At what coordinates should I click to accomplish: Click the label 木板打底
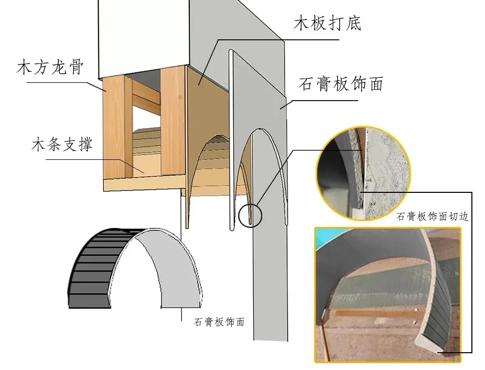click(x=327, y=23)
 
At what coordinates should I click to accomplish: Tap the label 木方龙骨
click(x=50, y=67)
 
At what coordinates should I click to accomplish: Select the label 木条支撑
click(x=62, y=144)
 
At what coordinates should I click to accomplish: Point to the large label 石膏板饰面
click(x=341, y=83)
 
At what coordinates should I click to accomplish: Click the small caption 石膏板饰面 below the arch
click(x=219, y=322)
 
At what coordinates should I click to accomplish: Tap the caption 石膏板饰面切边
click(x=433, y=216)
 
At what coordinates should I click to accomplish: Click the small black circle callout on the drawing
click(x=250, y=216)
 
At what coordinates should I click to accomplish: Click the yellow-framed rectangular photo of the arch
click(x=388, y=295)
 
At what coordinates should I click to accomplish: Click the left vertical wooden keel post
click(x=114, y=127)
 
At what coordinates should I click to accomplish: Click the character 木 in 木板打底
click(x=301, y=23)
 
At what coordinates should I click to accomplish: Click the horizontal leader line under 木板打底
click(x=279, y=39)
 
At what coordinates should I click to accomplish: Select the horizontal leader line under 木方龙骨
click(x=57, y=82)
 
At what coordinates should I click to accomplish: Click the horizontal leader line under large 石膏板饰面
click(x=325, y=100)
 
